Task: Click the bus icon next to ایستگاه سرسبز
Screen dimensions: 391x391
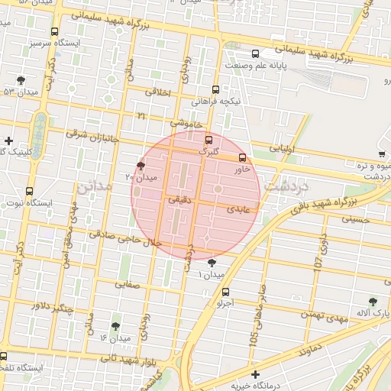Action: (x=54, y=32)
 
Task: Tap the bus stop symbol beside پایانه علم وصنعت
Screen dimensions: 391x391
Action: (x=254, y=54)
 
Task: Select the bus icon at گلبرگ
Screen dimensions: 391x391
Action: (x=208, y=140)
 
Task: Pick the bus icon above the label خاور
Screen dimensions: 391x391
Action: (x=243, y=157)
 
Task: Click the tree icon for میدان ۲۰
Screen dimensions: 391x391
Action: (x=140, y=165)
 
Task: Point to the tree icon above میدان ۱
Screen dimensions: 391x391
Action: (x=212, y=263)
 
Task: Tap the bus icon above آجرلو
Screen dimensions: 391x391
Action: (x=225, y=292)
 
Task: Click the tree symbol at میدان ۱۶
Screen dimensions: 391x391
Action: (x=115, y=326)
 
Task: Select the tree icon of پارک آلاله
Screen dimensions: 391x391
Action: (x=373, y=302)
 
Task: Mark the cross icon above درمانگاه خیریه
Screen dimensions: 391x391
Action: (x=255, y=374)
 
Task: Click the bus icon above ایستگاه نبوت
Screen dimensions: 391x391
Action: (x=29, y=191)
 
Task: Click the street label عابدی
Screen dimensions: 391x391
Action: (x=239, y=208)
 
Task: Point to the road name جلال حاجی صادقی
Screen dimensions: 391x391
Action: (x=125, y=238)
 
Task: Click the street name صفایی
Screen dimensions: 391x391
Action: (x=128, y=283)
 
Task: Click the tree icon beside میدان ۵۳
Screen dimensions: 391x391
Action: (x=20, y=80)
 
